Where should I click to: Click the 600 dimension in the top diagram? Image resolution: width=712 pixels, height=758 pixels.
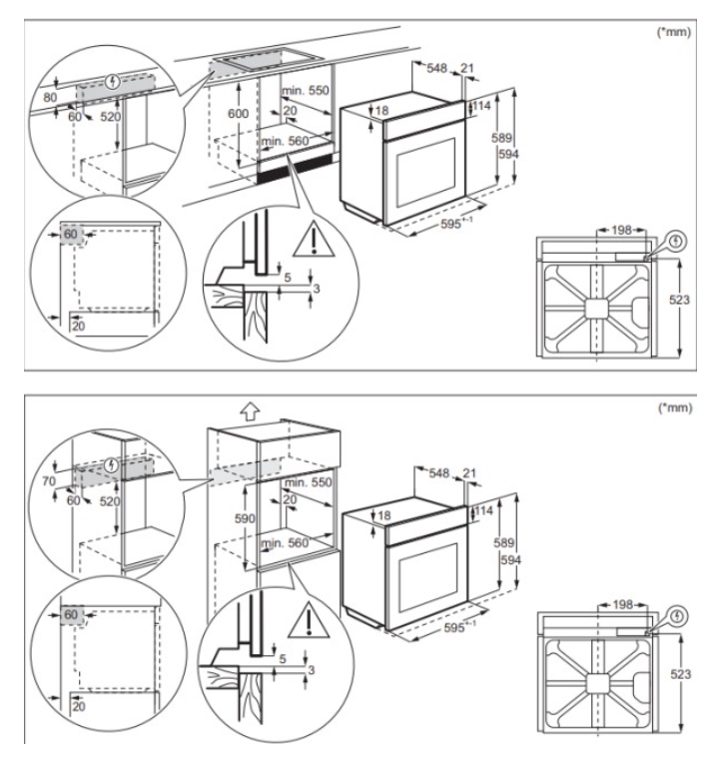(237, 115)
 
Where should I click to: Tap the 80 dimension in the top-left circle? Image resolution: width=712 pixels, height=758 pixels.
(51, 98)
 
